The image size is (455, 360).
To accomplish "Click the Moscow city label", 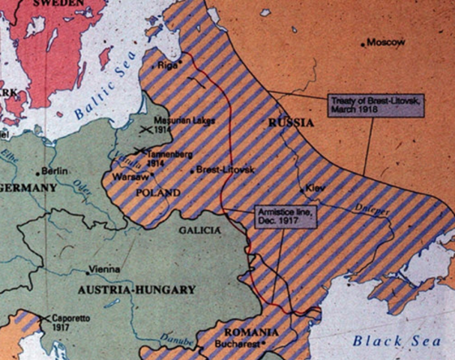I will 387,43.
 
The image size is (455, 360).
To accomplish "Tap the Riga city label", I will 168,65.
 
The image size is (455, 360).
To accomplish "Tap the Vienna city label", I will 103,268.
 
